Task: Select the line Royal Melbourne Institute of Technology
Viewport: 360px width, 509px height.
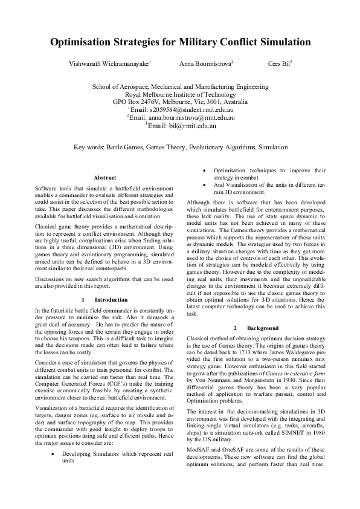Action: (181, 94)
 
